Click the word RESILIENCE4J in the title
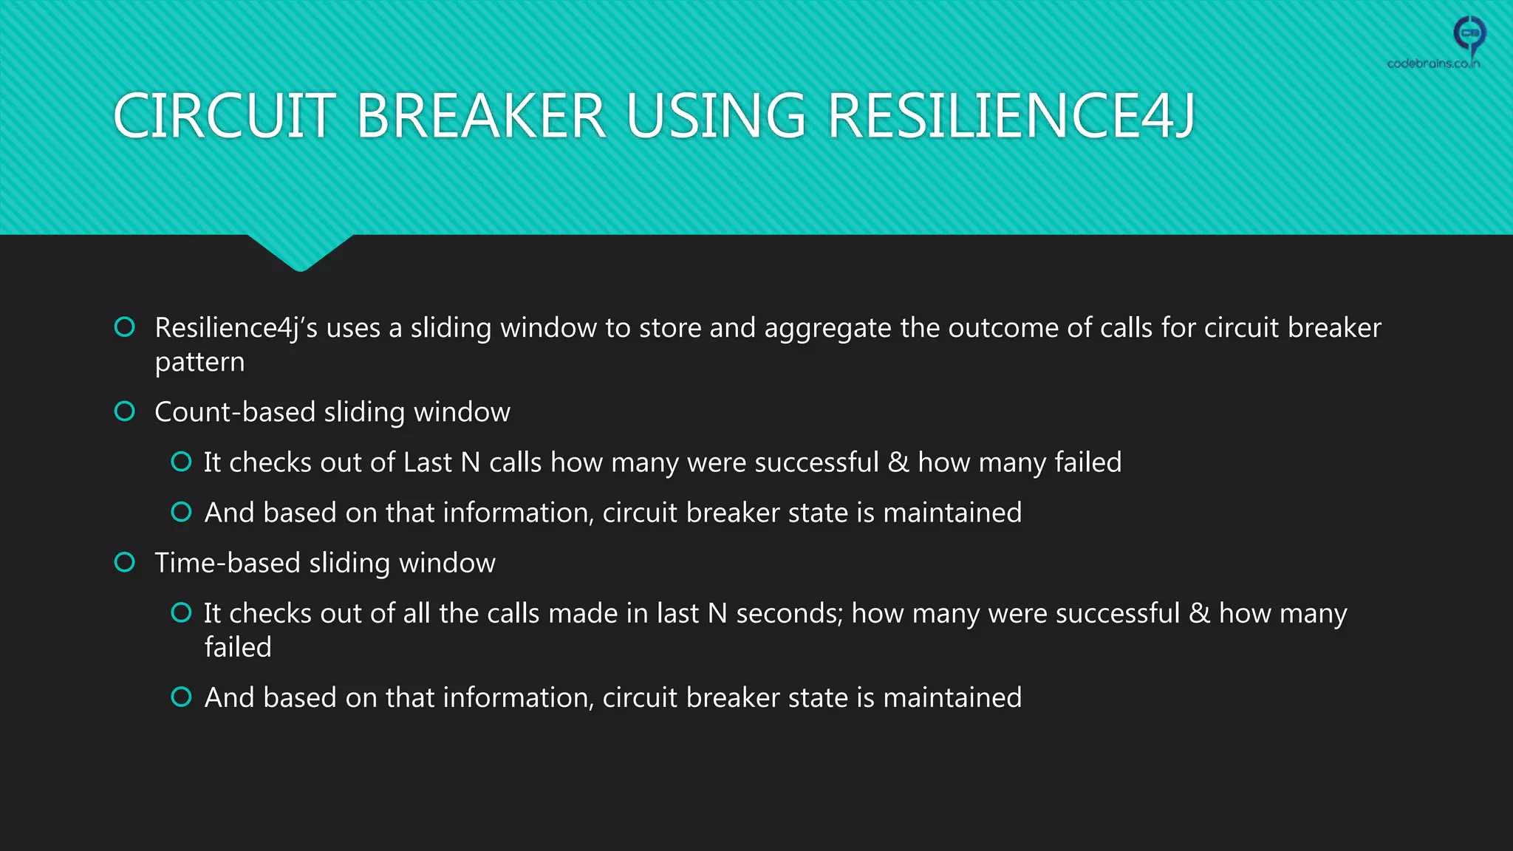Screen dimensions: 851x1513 [x=1011, y=116]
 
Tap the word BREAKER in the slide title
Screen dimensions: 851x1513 [x=481, y=116]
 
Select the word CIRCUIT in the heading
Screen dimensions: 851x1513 [x=225, y=116]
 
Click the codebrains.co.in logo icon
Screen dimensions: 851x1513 [x=1469, y=34]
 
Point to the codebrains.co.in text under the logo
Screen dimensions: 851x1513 [x=1433, y=64]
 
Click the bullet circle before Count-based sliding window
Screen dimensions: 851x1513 [x=125, y=411]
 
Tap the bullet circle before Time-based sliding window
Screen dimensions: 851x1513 [x=125, y=563]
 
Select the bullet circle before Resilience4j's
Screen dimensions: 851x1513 [x=125, y=327]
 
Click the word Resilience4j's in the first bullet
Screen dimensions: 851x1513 [x=236, y=328]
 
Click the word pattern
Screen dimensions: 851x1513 [x=199, y=363]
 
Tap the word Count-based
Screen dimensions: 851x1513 [x=235, y=412]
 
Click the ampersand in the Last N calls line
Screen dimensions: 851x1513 [x=898, y=462]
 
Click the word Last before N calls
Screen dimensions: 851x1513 [x=428, y=462]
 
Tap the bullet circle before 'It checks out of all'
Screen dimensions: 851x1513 [x=181, y=612]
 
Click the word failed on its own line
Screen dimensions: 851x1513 [x=238, y=647]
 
